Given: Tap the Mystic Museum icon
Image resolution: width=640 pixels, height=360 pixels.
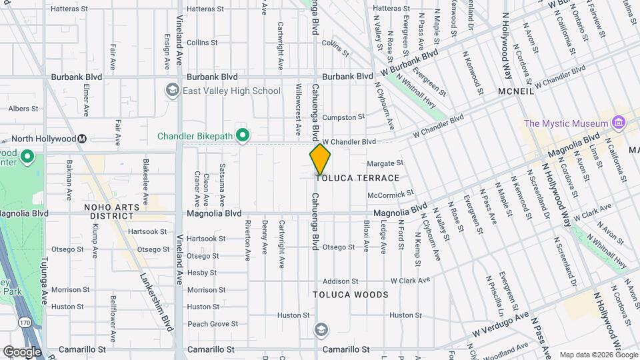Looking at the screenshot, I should (618, 123).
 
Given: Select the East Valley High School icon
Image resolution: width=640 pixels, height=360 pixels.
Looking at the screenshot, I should (173, 91).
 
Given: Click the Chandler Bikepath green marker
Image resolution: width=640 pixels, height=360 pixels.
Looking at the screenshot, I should (243, 136).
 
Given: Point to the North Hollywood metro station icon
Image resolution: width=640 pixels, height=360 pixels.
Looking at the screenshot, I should (82, 139).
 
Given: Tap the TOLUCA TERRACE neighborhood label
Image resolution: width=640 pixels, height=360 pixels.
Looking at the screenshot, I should (357, 178).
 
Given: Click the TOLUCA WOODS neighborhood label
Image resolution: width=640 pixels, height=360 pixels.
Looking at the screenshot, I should (351, 294).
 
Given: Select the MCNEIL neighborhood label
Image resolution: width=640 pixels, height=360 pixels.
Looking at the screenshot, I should (515, 91).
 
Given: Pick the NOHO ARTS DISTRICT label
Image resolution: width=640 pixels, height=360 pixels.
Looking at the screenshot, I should (112, 211).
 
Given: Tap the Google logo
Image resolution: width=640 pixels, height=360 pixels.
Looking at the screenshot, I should (21, 351).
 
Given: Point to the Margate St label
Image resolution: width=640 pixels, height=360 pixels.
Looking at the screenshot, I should (386, 162).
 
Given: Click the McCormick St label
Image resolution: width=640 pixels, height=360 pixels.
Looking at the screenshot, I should (386, 195).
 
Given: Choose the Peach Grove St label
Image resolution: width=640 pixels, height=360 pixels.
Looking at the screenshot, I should (208, 323).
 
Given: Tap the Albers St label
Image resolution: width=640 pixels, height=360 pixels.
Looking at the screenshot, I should (23, 108).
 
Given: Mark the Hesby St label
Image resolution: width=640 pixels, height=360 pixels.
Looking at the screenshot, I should (198, 273).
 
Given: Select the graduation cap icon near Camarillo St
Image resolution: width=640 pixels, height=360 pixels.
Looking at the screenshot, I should (321, 330).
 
